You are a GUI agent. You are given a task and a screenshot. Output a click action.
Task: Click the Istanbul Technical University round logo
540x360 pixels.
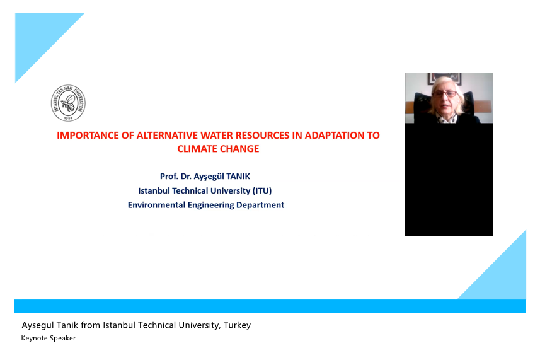tap(68, 103)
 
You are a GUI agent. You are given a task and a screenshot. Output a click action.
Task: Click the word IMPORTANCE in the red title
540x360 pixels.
tap(88, 136)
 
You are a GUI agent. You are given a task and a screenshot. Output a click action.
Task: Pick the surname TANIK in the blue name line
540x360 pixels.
tap(238, 177)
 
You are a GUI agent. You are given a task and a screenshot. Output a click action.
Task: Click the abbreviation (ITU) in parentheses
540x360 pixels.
tap(262, 191)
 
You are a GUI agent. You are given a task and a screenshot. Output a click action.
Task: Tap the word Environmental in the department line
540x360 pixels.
tap(156, 205)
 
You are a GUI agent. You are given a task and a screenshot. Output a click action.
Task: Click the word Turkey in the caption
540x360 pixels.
tap(238, 325)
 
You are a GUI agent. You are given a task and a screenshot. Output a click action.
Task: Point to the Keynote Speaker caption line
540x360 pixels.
tap(49, 339)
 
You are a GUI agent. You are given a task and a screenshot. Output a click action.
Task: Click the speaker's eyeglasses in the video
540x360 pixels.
tap(445, 94)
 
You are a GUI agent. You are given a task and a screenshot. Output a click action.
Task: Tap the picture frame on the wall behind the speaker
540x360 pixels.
tap(445, 79)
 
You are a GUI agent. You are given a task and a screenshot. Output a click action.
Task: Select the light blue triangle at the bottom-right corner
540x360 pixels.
tap(503, 276)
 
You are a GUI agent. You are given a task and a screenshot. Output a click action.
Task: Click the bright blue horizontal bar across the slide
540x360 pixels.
tap(270, 306)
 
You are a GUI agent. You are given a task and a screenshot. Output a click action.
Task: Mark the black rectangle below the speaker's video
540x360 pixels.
tap(449, 180)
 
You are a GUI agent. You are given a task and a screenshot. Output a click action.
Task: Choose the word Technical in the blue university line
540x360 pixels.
tap(190, 191)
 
